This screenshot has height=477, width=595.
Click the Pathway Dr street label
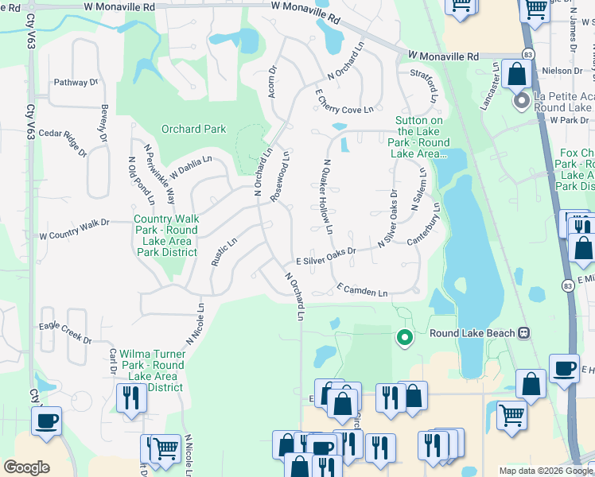coord(76,82)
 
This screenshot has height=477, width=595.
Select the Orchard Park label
coord(193,129)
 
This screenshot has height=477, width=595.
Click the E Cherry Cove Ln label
coord(344,103)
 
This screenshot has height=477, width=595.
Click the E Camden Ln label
coord(361,289)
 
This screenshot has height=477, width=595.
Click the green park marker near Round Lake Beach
coord(404,338)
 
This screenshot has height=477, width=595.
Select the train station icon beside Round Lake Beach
coord(523,332)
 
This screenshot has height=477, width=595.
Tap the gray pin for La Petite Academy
coord(522,101)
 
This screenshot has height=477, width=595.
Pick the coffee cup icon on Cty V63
coord(46,419)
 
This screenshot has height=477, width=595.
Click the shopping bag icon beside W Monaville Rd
coord(516,75)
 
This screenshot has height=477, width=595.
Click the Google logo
coord(26,467)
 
